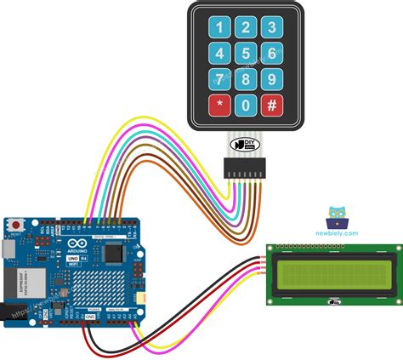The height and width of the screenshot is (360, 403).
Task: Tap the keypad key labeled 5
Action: tap(246, 54)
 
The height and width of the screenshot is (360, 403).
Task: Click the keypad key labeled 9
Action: tap(272, 81)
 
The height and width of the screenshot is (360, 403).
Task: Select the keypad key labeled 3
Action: tap(272, 28)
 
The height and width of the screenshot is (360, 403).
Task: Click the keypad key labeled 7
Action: tap(219, 81)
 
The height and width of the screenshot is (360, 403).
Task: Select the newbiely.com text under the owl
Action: tap(338, 232)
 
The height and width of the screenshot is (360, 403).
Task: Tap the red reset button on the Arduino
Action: tap(14, 226)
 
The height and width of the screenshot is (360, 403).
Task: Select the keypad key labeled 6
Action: tap(272, 54)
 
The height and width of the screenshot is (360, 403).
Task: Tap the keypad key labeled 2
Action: tap(246, 28)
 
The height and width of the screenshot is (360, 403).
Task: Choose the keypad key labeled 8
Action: tap(246, 81)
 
